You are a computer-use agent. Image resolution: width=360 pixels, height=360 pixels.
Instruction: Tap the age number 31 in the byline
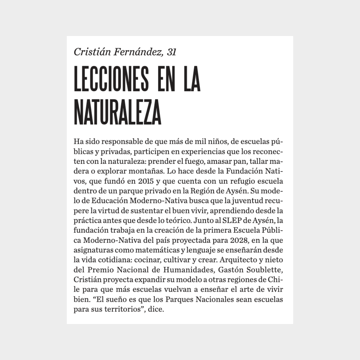(x=171, y=52)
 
